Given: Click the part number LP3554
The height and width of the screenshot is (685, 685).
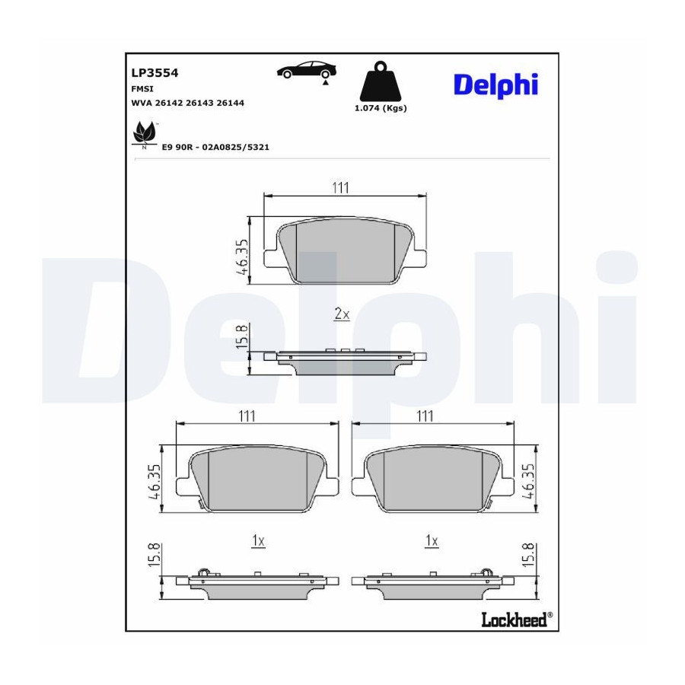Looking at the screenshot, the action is (155, 72).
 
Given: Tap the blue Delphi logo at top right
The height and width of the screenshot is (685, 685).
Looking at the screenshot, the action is (495, 84).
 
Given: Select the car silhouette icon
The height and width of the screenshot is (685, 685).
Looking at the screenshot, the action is (307, 70).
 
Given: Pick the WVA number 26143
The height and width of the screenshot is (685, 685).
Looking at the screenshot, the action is (199, 103).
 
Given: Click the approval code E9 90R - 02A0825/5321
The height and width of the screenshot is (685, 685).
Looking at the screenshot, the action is (215, 147).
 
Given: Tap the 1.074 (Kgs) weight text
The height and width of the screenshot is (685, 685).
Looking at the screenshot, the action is (381, 108).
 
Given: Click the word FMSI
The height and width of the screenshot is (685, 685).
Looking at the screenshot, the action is (142, 89).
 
